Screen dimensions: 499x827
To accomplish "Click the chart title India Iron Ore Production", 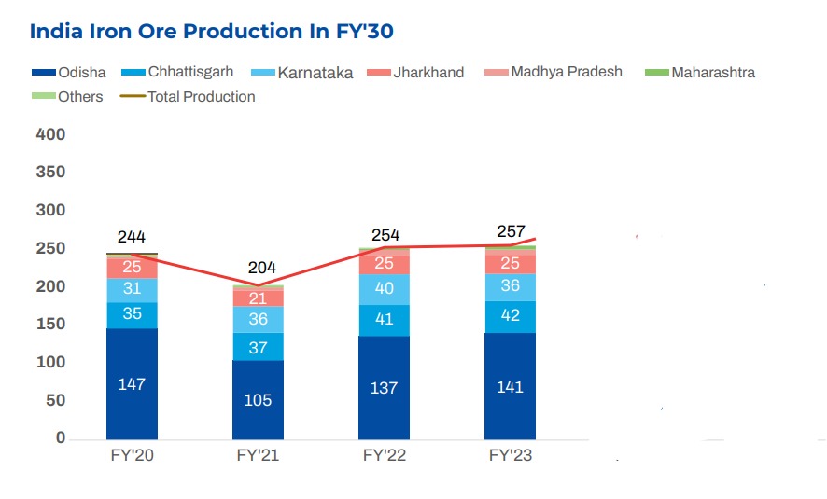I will (x=212, y=32).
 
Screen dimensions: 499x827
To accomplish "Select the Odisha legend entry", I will (x=70, y=72).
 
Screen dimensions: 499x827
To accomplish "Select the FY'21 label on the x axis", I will (x=258, y=456).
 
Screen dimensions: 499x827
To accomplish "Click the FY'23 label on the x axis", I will (x=510, y=456).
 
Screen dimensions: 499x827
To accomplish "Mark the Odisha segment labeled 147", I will (x=132, y=383).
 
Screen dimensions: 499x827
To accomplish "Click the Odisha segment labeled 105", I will (x=258, y=399).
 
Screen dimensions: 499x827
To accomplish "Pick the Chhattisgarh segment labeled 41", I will (x=384, y=320).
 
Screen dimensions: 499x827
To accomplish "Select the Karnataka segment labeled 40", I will (x=384, y=289).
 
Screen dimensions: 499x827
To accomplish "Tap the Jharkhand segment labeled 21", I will (x=258, y=298).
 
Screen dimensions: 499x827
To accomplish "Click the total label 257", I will (x=511, y=231).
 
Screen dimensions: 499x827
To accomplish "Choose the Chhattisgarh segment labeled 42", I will (x=510, y=316).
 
